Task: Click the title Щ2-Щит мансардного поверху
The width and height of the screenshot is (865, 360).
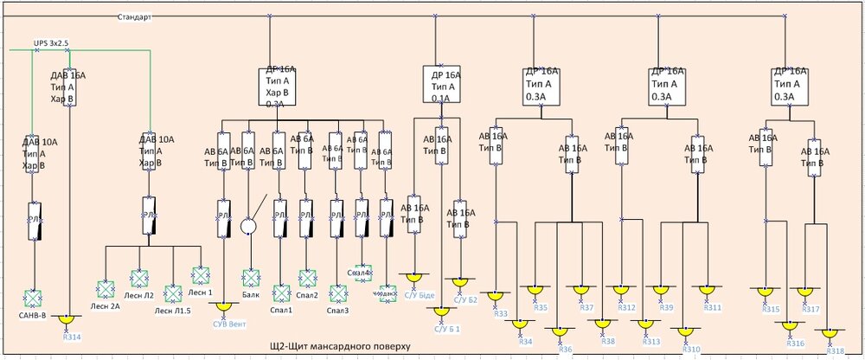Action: [339, 346]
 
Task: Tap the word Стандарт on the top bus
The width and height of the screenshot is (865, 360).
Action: [134, 16]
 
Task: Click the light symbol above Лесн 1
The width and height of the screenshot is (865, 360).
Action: [201, 275]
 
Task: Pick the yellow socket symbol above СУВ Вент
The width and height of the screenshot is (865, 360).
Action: [225, 307]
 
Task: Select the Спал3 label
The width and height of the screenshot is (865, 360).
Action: [337, 310]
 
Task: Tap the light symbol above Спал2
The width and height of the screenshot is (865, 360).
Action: [308, 278]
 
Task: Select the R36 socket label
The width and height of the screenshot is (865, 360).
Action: [566, 349]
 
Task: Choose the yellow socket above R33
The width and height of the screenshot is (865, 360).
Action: [497, 295]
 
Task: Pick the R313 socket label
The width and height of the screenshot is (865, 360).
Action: [650, 341]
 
